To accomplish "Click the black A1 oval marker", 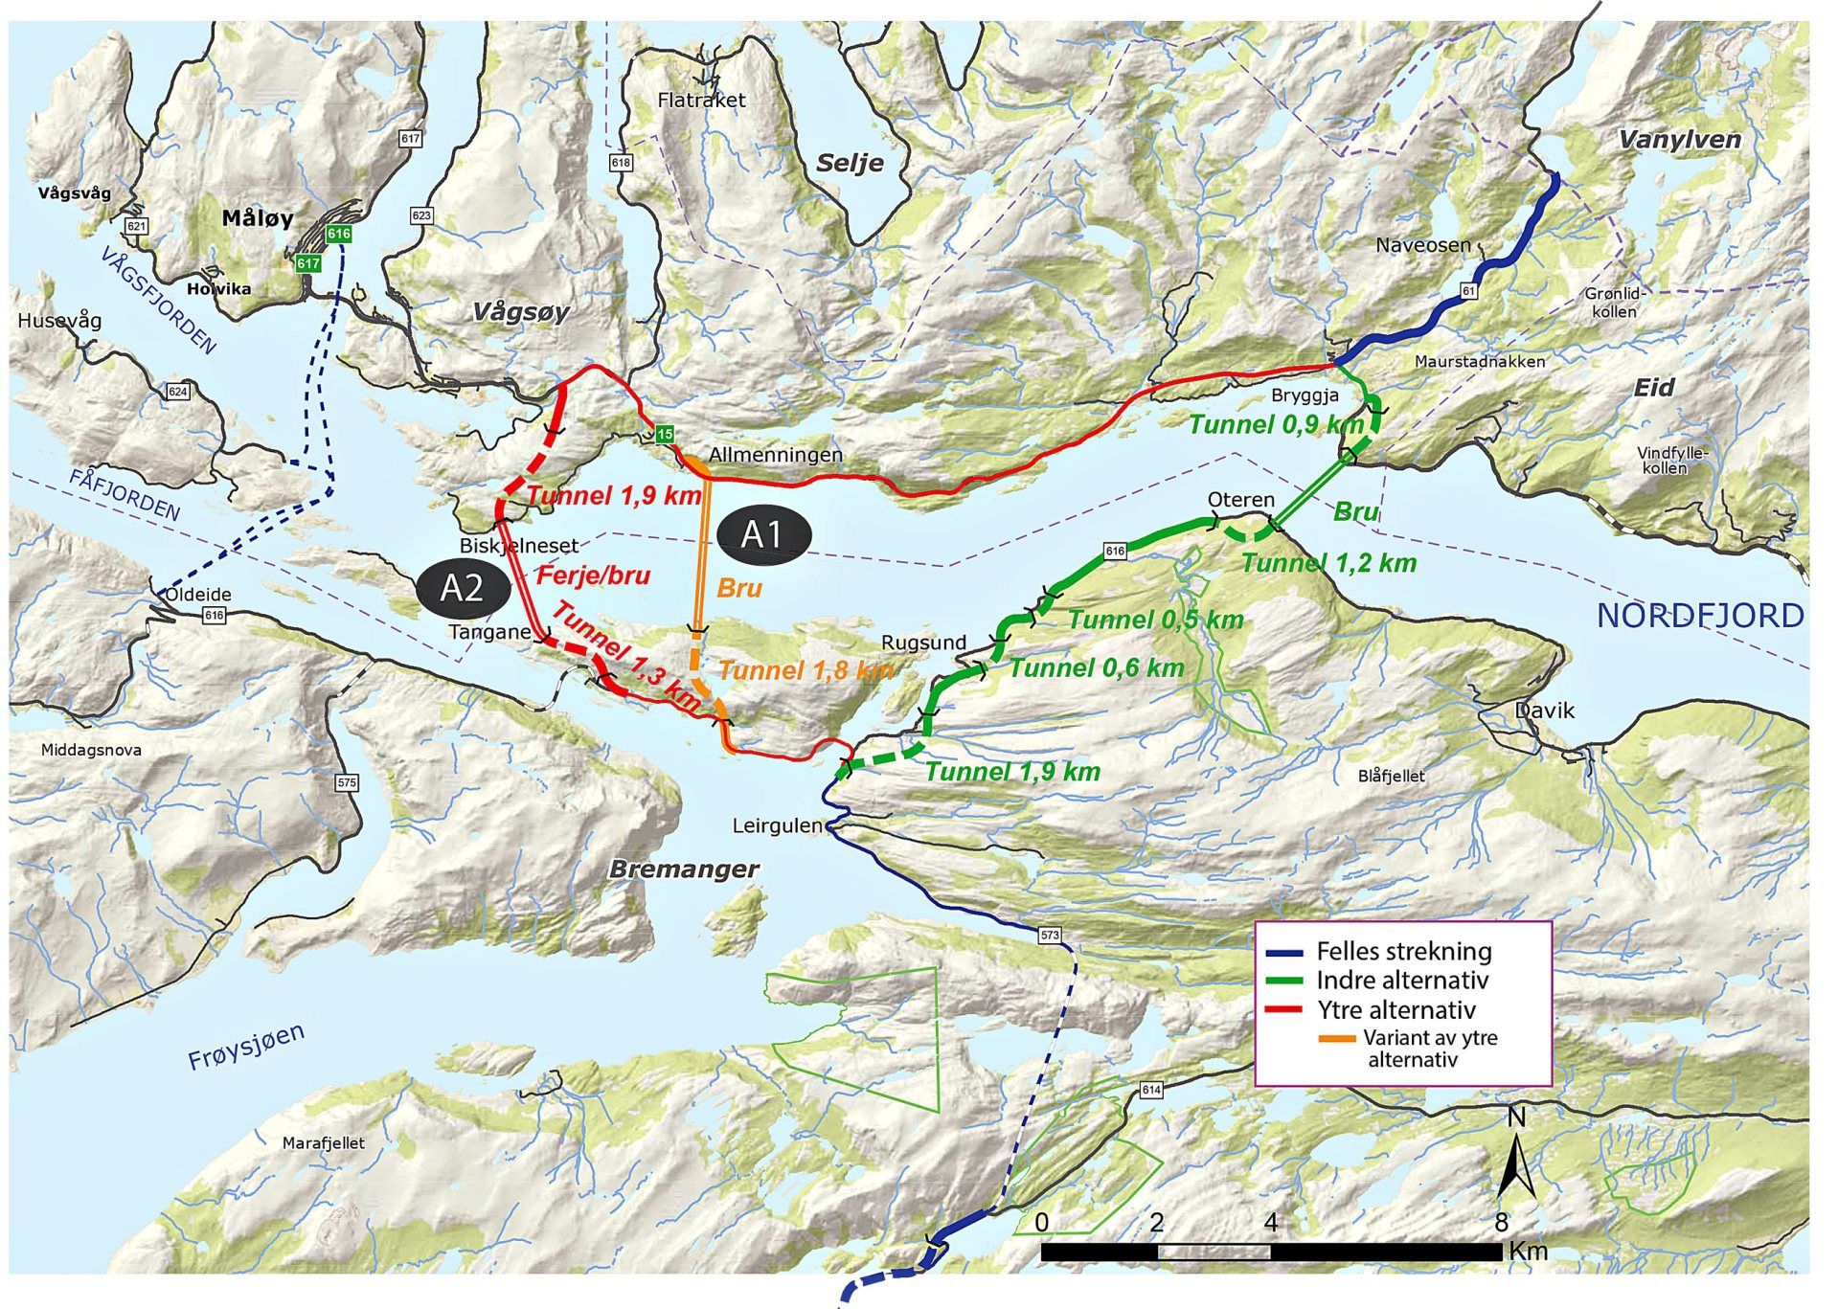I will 762,534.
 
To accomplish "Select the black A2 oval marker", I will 463,588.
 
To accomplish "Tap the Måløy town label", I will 258,218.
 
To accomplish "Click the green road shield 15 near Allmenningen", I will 664,435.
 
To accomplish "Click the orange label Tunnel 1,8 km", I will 806,670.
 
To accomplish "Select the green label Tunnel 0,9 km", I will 1275,424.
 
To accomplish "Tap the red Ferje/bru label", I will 594,576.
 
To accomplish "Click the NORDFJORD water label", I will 1699,616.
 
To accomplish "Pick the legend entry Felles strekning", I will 1403,952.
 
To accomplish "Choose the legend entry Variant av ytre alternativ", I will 1429,1049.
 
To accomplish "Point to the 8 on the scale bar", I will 1501,1223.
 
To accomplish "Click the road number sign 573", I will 1050,935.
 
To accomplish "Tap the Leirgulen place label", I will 777,825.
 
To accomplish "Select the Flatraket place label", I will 701,100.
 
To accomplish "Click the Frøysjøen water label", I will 246,1047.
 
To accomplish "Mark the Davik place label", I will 1544,711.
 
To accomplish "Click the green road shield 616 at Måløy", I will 338,234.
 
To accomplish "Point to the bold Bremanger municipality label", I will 684,869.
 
